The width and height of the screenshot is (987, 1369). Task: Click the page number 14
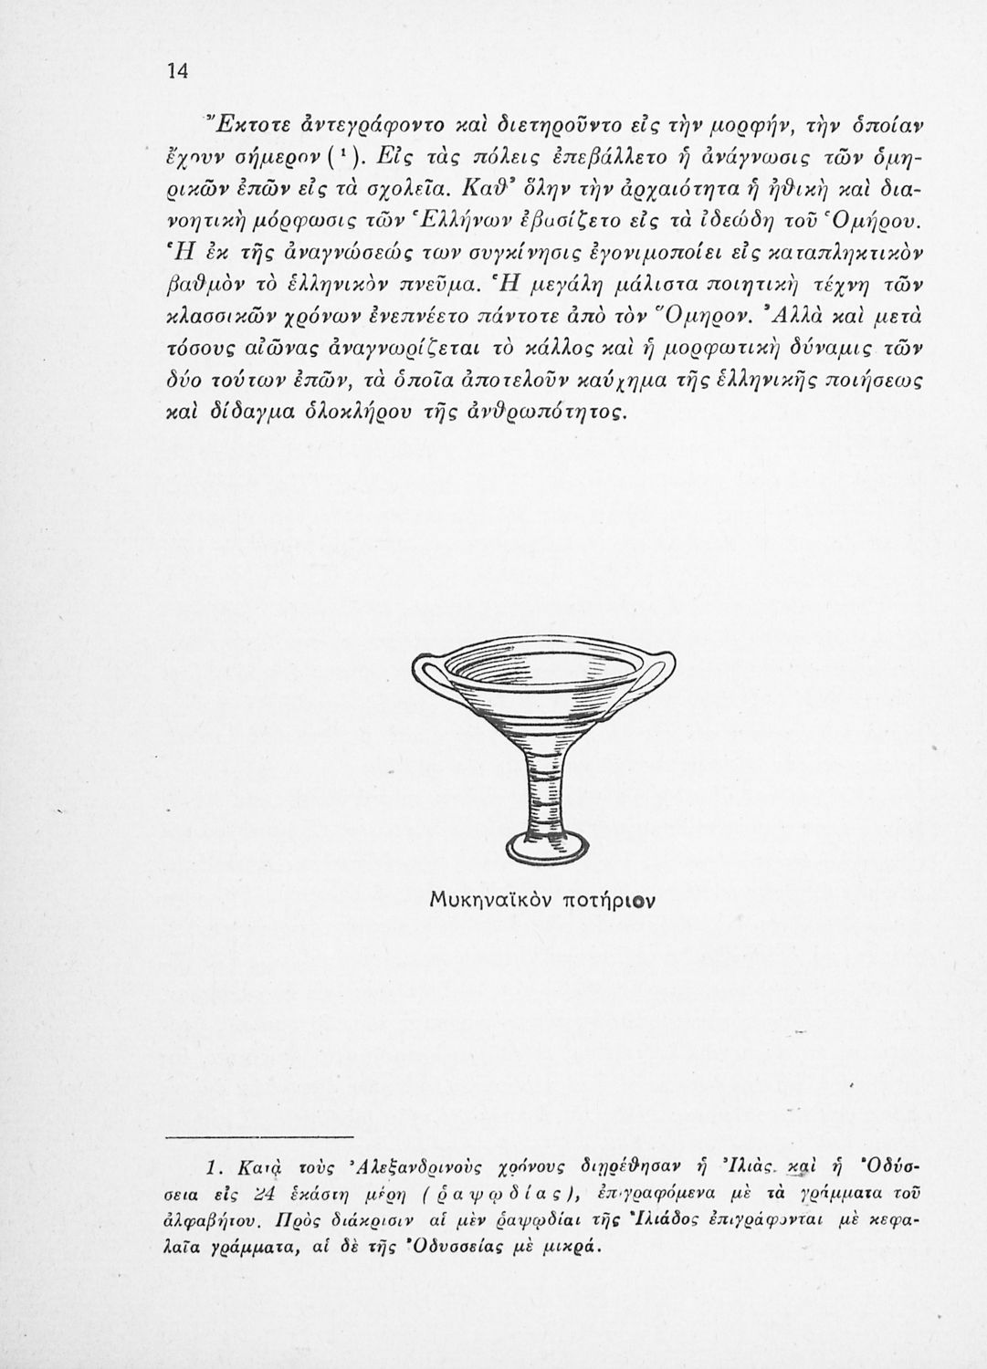[x=176, y=74]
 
